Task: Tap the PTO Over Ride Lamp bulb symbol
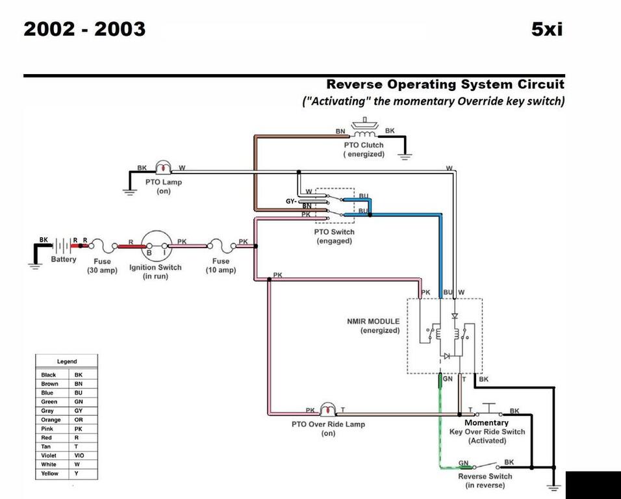pyautogui.click(x=328, y=410)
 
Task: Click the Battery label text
pyautogui.click(x=64, y=260)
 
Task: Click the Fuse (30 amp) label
pyautogui.click(x=103, y=265)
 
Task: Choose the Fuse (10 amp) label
pyautogui.click(x=221, y=265)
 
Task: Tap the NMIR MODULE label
pyautogui.click(x=374, y=321)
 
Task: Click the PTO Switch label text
pyautogui.click(x=335, y=232)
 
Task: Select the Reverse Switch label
pyautogui.click(x=485, y=476)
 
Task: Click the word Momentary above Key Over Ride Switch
pyautogui.click(x=487, y=422)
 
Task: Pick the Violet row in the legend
pyautogui.click(x=49, y=455)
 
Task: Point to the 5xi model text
pyautogui.click(x=547, y=29)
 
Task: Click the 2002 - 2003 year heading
pyautogui.click(x=84, y=29)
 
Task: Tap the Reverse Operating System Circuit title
pyautogui.click(x=445, y=84)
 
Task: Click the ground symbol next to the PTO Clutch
pyautogui.click(x=405, y=155)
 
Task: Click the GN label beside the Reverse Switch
pyautogui.click(x=464, y=463)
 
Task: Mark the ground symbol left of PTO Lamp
pyautogui.click(x=129, y=189)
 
